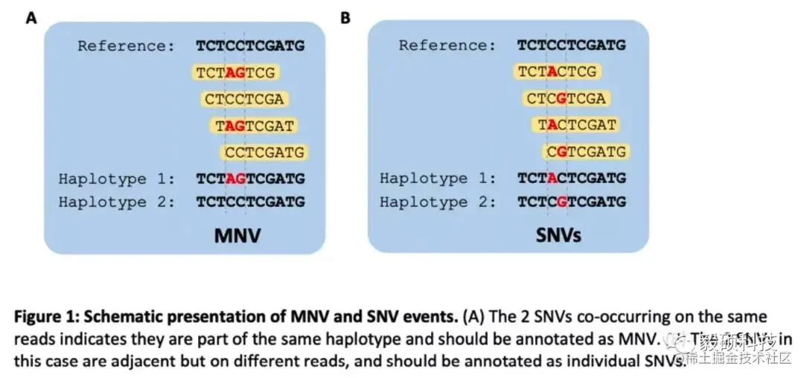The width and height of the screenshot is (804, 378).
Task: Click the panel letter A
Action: [x=31, y=17]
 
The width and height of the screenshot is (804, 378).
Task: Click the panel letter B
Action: [x=345, y=17]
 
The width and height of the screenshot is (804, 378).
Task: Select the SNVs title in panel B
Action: [x=558, y=237]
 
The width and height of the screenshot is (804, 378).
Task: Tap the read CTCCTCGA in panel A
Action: [x=243, y=99]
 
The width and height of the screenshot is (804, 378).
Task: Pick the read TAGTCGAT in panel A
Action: [x=254, y=126]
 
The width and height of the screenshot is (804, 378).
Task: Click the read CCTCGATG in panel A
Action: [x=264, y=153]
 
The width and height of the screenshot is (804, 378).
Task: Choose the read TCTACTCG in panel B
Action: [x=557, y=72]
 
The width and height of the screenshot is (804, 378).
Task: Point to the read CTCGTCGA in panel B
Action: [x=566, y=99]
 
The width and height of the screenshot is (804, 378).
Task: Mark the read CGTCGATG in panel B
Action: [x=585, y=153]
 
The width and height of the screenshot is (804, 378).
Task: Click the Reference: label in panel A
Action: [x=126, y=46]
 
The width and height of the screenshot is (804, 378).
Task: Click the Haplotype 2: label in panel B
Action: [x=438, y=202]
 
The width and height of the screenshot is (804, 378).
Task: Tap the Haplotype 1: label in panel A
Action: [x=117, y=179]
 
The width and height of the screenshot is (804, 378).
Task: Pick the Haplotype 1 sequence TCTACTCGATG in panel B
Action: [x=572, y=179]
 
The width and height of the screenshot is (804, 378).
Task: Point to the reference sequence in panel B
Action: [x=572, y=46]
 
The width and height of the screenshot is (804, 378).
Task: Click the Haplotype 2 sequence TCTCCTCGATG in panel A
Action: [x=250, y=202]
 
